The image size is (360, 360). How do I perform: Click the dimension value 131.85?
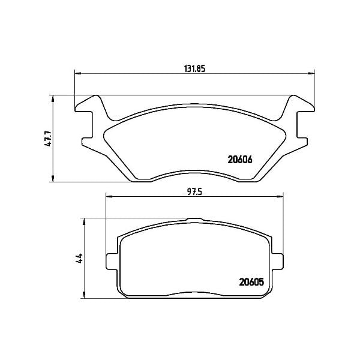click(194, 68)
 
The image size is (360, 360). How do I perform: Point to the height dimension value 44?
click(79, 259)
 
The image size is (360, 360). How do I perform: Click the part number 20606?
click(239, 160)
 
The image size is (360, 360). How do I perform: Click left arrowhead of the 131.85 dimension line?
click(77, 74)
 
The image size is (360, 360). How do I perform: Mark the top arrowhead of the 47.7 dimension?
click(54, 98)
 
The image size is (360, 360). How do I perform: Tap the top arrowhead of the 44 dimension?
click(85, 221)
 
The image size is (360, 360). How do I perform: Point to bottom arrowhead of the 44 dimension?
click(85, 296)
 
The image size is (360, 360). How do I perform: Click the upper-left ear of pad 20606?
click(86, 105)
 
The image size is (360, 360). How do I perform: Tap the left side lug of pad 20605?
click(111, 262)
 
